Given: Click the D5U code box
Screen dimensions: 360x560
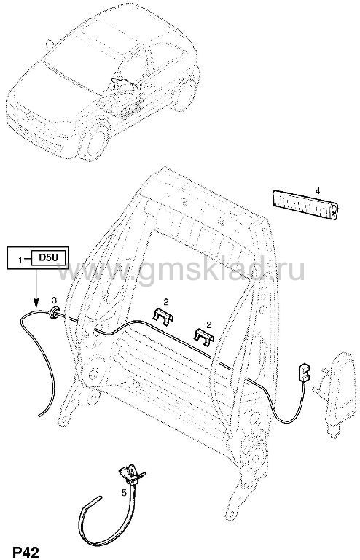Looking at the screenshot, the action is (49, 257).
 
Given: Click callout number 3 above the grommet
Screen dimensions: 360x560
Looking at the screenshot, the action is (54, 298).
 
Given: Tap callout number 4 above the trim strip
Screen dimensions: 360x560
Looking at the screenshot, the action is (318, 191).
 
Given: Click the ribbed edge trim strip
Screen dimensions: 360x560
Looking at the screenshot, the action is (305, 205).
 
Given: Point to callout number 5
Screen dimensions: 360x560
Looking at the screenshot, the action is (124, 493).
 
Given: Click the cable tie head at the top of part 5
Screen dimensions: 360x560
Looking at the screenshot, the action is (130, 473).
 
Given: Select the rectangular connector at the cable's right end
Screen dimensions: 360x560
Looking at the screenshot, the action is (304, 372).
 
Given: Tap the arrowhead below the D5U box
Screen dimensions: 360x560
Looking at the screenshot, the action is (36, 304).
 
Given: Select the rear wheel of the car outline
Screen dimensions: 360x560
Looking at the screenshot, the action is (187, 95).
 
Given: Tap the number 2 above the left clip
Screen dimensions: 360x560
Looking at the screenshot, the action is (166, 303).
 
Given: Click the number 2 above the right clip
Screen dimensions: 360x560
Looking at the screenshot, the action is (208, 324).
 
